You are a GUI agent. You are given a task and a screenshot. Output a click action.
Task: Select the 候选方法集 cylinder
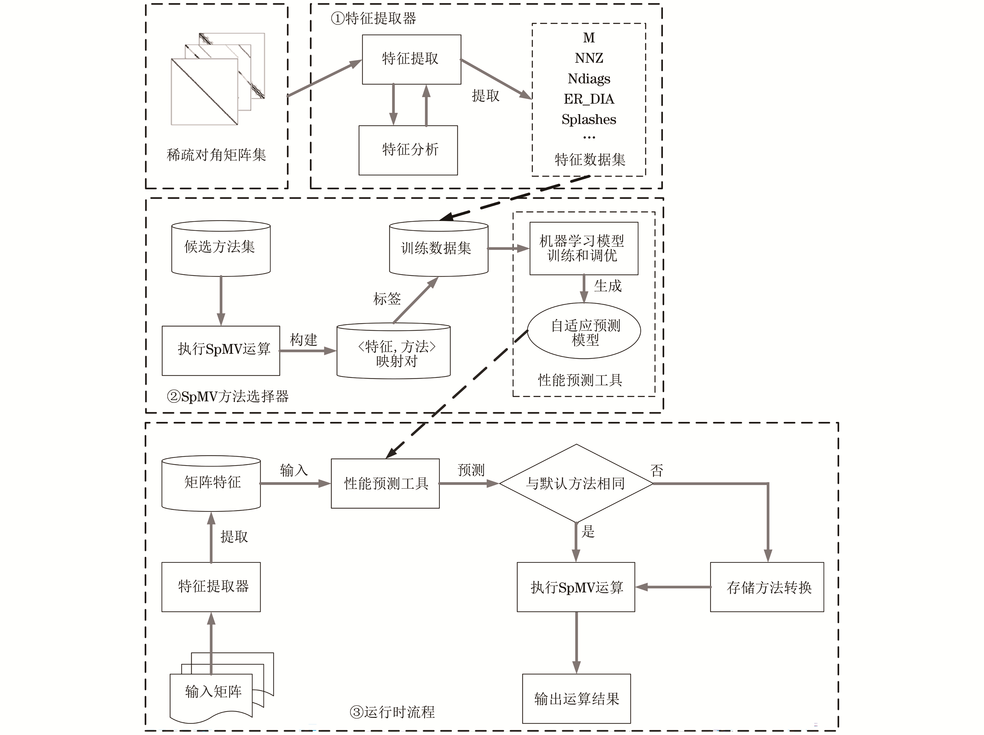pos(221,248)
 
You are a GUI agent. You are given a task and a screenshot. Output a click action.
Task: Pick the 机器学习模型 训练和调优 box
pos(583,248)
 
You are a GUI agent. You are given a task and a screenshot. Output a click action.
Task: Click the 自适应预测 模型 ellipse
pos(584,331)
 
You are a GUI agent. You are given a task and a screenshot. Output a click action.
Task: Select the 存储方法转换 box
pos(766,587)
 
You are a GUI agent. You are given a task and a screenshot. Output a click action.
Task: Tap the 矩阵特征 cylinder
pos(211,483)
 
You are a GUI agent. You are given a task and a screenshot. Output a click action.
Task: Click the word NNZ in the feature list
pos(589,58)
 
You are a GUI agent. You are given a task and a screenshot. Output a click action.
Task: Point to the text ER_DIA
pos(589,99)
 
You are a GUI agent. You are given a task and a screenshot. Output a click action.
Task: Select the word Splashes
pos(589,119)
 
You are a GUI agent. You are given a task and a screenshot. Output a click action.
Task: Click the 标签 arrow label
pos(387,299)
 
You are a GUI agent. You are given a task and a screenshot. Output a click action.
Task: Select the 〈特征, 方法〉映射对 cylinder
pos(393,352)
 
